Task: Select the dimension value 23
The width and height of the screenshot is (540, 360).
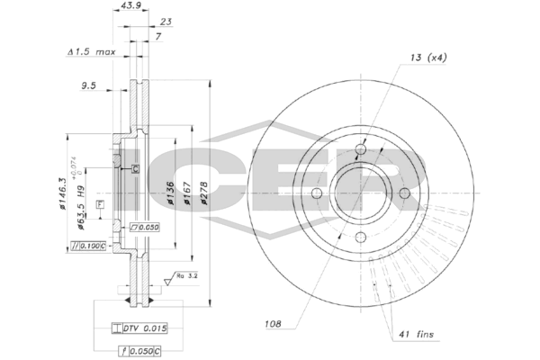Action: [141, 22]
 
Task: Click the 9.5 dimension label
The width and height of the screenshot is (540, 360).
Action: [88, 87]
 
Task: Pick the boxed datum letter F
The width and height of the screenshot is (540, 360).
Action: [99, 205]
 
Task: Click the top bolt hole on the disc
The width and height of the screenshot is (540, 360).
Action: [361, 150]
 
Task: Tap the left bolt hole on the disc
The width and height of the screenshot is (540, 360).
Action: [317, 194]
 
